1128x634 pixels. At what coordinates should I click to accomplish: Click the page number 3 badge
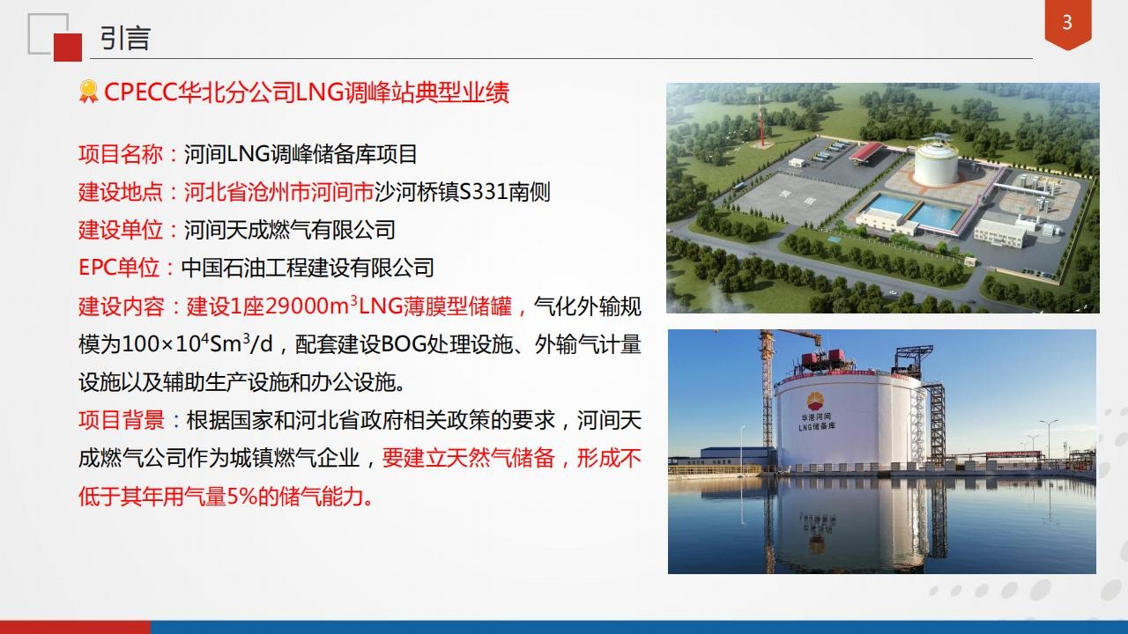(1067, 24)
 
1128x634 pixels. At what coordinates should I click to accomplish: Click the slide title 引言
(125, 38)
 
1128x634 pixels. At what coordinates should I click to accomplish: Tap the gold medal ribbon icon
(89, 92)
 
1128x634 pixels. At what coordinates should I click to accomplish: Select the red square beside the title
(68, 48)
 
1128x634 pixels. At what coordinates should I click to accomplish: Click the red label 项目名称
(121, 154)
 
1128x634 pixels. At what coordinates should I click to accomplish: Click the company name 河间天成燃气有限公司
(290, 230)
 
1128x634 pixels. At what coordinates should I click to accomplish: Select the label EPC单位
(119, 268)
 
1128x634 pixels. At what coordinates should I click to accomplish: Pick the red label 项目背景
(122, 420)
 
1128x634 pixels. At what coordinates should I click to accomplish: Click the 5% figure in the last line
(241, 497)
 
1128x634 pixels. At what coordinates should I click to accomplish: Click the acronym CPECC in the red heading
(140, 92)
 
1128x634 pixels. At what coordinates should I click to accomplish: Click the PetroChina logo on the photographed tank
(816, 401)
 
